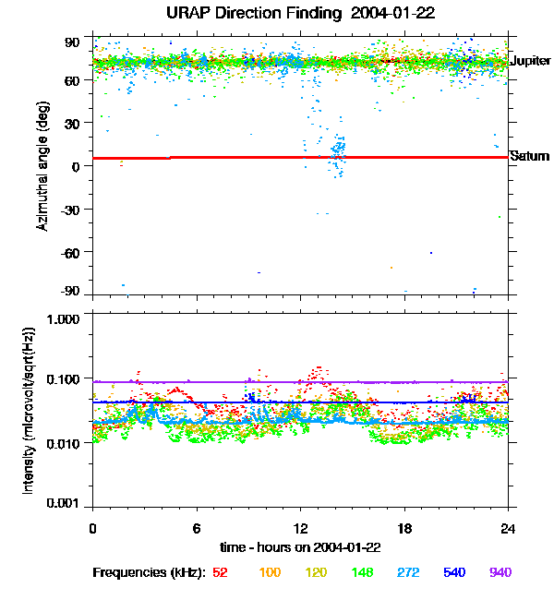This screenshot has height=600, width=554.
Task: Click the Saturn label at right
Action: (529, 156)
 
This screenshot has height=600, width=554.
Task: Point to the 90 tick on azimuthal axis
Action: (73, 42)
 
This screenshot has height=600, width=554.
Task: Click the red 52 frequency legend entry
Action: (220, 572)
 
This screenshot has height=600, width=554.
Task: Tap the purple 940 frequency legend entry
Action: (500, 572)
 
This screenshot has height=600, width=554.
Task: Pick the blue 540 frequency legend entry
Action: (453, 572)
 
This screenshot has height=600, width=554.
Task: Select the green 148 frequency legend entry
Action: (361, 572)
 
